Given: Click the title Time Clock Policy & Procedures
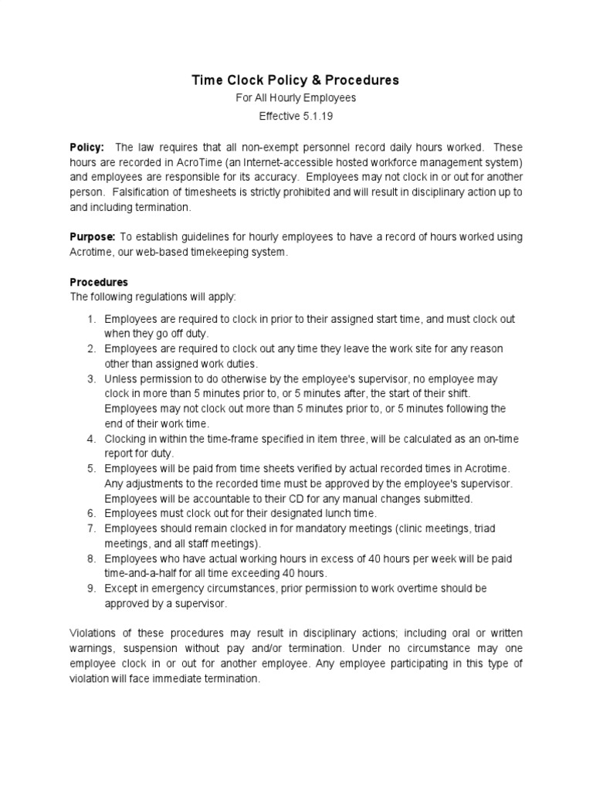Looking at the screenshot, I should click(x=296, y=80).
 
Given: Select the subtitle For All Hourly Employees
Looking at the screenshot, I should click(x=296, y=99).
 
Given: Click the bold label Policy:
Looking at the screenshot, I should click(x=86, y=147).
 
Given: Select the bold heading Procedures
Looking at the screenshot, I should click(x=99, y=282).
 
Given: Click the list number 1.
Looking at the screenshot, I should click(x=90, y=319).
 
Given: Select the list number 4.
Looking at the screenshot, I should click(x=90, y=439).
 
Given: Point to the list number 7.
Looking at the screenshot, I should click(x=90, y=528).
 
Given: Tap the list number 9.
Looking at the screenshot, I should click(x=90, y=589).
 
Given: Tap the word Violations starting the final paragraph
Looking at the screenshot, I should click(x=95, y=633).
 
